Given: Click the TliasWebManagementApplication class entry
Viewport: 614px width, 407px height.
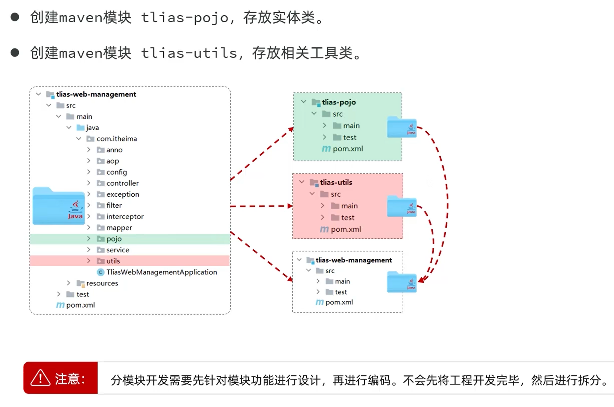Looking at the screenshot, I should [161, 272].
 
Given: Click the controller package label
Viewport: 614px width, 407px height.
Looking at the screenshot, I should [122, 183].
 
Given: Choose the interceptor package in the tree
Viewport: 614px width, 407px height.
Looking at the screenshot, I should [125, 217].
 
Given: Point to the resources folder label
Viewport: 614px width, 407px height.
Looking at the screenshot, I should [102, 283].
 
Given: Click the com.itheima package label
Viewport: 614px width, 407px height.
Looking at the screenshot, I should [117, 139].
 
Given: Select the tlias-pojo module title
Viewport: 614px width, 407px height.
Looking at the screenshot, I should [339, 102].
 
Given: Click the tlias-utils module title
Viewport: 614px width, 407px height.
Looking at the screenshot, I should [336, 182].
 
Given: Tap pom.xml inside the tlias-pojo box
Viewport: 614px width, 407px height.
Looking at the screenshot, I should [348, 149].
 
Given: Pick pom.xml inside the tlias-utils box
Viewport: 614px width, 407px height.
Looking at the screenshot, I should [346, 229].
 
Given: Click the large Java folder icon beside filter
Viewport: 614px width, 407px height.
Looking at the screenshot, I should [58, 206].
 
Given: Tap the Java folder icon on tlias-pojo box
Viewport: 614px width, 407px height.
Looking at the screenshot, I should [401, 127].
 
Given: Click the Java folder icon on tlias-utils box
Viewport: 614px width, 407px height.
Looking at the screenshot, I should [401, 207].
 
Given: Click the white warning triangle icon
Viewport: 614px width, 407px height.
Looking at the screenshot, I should [40, 378].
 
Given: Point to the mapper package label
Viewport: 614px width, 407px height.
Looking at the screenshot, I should [119, 228].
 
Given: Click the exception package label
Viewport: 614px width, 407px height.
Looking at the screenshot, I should [123, 194].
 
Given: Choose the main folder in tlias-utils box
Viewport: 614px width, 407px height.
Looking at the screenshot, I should [349, 206].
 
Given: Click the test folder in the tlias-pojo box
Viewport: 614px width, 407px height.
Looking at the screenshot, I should [350, 138].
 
